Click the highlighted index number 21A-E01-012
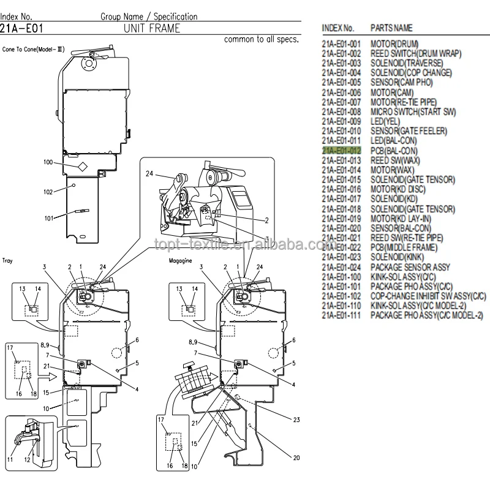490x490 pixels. pos(341,150)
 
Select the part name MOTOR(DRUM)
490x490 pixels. pos(396,44)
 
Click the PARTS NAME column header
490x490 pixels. pos(391,28)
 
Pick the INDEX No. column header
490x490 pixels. pos(337,28)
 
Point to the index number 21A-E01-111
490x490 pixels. pos(341,315)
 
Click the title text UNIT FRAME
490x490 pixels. pos(152,28)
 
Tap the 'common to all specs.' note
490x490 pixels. pos(262,40)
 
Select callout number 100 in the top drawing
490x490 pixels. pos(48,162)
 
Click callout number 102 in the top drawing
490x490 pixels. pos(48,191)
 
